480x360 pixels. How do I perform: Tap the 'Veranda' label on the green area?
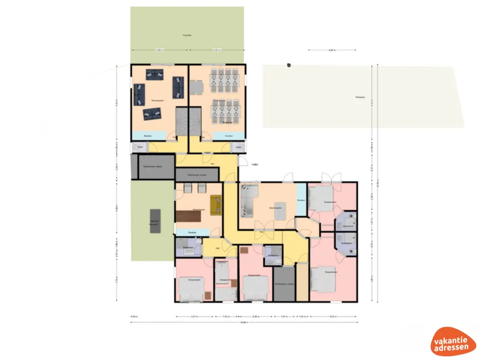pyautogui.click(x=187, y=35)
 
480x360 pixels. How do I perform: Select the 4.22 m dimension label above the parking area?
pyautogui.click(x=331, y=50)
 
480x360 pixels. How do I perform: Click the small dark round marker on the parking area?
pyautogui.click(x=289, y=65)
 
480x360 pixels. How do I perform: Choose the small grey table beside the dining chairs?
pyautogui.click(x=196, y=87)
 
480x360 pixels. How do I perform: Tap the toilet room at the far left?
pyautogui.click(x=139, y=147)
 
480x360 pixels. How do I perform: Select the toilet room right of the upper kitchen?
pyautogui.click(x=238, y=147)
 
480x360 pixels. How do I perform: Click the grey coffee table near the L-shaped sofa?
pyautogui.click(x=279, y=214)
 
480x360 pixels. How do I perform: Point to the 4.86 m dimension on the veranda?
pyautogui.click(x=159, y=50)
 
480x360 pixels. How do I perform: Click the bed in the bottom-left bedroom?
pyautogui.click(x=191, y=288)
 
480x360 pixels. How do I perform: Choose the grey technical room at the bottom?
pyautogui.click(x=284, y=284)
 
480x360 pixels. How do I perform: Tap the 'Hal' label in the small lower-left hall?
pyautogui.click(x=217, y=248)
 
